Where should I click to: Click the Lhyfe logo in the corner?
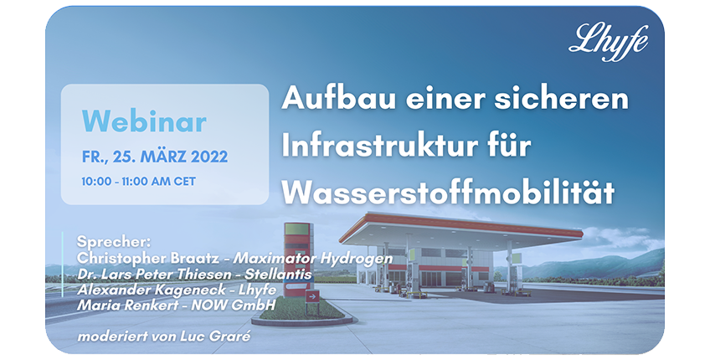click(608, 42)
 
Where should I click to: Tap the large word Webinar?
click(144, 121)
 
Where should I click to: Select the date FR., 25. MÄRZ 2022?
click(155, 157)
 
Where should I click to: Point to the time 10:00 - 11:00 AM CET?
click(138, 182)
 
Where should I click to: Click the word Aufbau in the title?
click(339, 98)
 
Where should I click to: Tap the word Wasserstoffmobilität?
click(448, 192)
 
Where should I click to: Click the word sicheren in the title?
click(562, 98)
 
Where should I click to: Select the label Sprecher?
click(113, 242)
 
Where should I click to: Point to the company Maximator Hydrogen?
click(312, 259)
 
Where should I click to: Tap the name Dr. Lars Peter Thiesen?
click(157, 274)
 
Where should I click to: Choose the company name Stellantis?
click(278, 274)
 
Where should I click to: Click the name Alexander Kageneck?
click(151, 290)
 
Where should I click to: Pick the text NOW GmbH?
click(234, 305)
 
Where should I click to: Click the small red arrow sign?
click(312, 297)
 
